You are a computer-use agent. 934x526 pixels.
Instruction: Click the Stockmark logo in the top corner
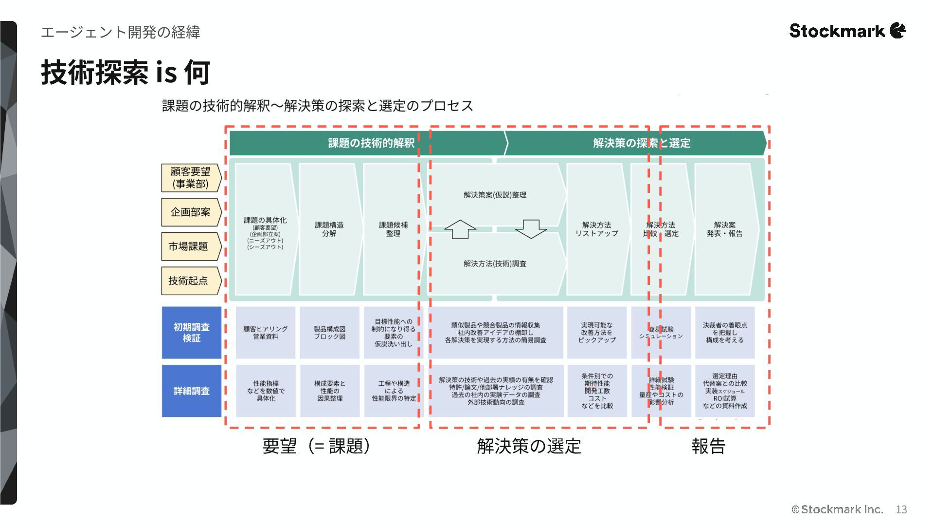point(847,31)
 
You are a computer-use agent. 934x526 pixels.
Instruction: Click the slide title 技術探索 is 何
point(126,72)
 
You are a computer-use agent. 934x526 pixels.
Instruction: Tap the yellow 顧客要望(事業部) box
point(191,178)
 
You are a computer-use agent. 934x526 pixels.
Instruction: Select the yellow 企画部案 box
point(191,212)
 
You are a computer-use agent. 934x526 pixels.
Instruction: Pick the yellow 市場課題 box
point(189,246)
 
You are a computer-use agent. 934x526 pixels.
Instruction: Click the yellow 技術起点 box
point(189,281)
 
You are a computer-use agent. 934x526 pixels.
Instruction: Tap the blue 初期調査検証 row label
point(192,333)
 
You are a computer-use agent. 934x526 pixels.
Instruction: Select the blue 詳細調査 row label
point(192,391)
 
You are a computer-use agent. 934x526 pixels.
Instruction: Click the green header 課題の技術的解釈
point(371,143)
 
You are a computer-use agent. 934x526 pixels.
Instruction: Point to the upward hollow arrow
point(460,229)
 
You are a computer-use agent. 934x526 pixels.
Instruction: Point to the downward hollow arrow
point(531,229)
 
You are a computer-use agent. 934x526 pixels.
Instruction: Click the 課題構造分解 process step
point(329,229)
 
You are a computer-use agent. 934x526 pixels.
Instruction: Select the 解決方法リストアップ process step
point(596,229)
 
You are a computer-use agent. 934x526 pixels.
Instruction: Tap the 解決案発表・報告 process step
point(725,229)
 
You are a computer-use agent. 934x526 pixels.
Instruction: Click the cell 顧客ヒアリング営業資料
point(266,333)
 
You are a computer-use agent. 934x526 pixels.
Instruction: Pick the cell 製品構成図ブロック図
point(330,333)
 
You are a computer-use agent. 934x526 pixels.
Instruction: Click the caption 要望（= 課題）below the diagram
point(316,446)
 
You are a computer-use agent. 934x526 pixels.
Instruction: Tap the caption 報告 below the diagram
point(708,446)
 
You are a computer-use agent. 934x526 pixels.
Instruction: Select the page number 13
point(901,509)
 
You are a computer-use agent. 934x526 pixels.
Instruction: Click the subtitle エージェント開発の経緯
point(121,32)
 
